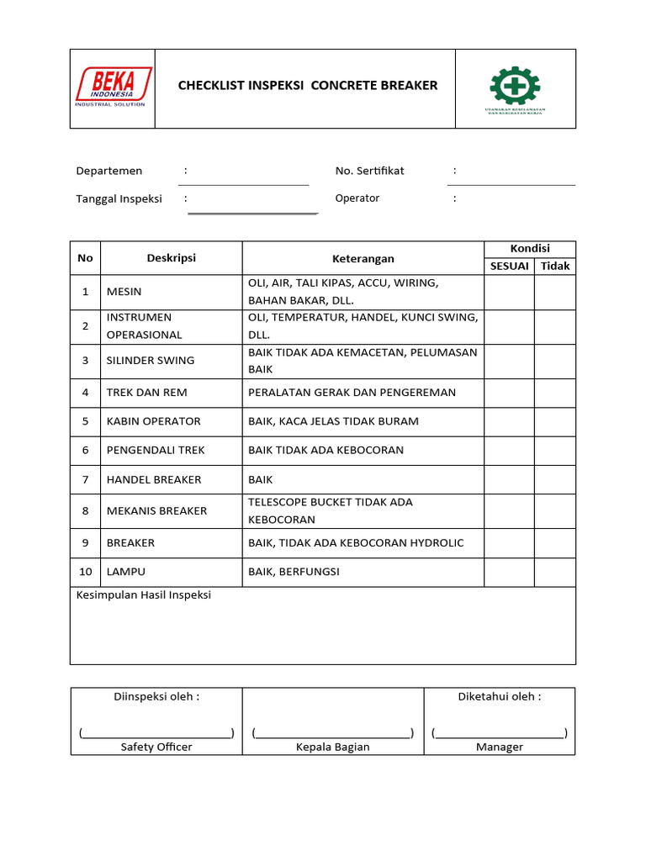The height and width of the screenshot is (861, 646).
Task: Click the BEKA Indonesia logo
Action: coord(113,87)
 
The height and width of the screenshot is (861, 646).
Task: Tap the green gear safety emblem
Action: coord(515,87)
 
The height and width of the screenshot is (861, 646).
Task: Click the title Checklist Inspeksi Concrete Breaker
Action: coord(307,86)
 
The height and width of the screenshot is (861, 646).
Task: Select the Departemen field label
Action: coord(109,171)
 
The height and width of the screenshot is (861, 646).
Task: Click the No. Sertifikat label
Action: coord(369,171)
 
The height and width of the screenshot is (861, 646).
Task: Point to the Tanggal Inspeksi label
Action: coord(119,199)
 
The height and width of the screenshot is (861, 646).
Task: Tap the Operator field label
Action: coord(357,198)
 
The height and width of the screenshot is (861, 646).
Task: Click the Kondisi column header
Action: coord(530,249)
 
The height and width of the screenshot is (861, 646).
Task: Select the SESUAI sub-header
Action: coord(510,267)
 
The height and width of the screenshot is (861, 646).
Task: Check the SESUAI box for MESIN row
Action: coord(509,293)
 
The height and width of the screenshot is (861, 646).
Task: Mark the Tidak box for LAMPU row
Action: coord(555,572)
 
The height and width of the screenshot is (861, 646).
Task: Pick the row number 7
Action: coord(85,480)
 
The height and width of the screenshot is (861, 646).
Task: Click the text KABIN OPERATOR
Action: coord(154,421)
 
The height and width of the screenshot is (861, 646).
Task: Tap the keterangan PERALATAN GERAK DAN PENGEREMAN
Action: coord(352,393)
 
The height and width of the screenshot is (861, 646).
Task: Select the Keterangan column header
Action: coord(363,259)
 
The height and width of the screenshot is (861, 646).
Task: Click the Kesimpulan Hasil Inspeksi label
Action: coord(144,595)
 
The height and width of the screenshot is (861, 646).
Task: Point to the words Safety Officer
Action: coord(156,747)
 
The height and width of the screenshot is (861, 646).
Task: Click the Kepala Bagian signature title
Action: coord(332,747)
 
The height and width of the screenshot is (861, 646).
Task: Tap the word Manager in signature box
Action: coord(500,747)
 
